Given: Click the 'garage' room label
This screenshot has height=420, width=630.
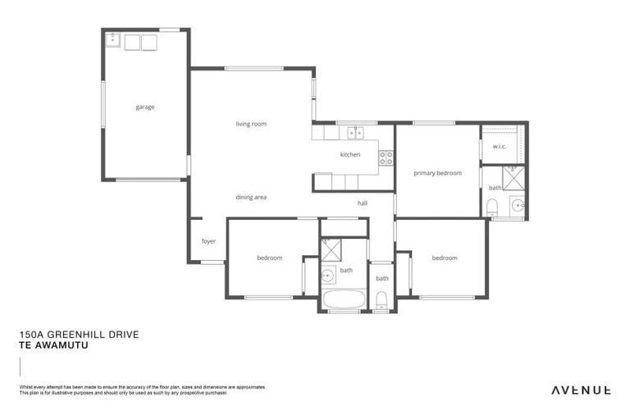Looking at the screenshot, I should [x=145, y=107].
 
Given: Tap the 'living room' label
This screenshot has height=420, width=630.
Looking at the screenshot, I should [x=251, y=124].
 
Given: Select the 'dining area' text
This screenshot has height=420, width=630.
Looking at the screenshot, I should [x=251, y=197].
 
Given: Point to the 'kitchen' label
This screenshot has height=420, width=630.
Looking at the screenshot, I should [x=350, y=154].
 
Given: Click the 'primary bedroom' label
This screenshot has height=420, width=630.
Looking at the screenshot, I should [x=437, y=173].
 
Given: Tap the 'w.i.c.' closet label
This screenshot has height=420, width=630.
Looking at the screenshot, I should [x=500, y=146].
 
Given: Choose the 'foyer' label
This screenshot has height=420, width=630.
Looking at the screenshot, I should [x=208, y=241].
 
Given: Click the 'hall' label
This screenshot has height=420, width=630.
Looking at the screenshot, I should [x=363, y=203].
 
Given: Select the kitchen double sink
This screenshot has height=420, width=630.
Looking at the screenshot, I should [x=354, y=132].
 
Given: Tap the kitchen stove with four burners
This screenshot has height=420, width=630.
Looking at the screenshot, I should [x=385, y=157].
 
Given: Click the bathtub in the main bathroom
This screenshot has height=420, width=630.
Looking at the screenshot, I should [x=342, y=299].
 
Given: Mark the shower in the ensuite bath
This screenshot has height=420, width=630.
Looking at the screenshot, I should [x=514, y=177].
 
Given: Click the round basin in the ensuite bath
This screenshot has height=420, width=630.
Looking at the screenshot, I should [x=518, y=205].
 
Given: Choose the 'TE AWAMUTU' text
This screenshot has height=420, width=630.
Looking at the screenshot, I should [x=52, y=345].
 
